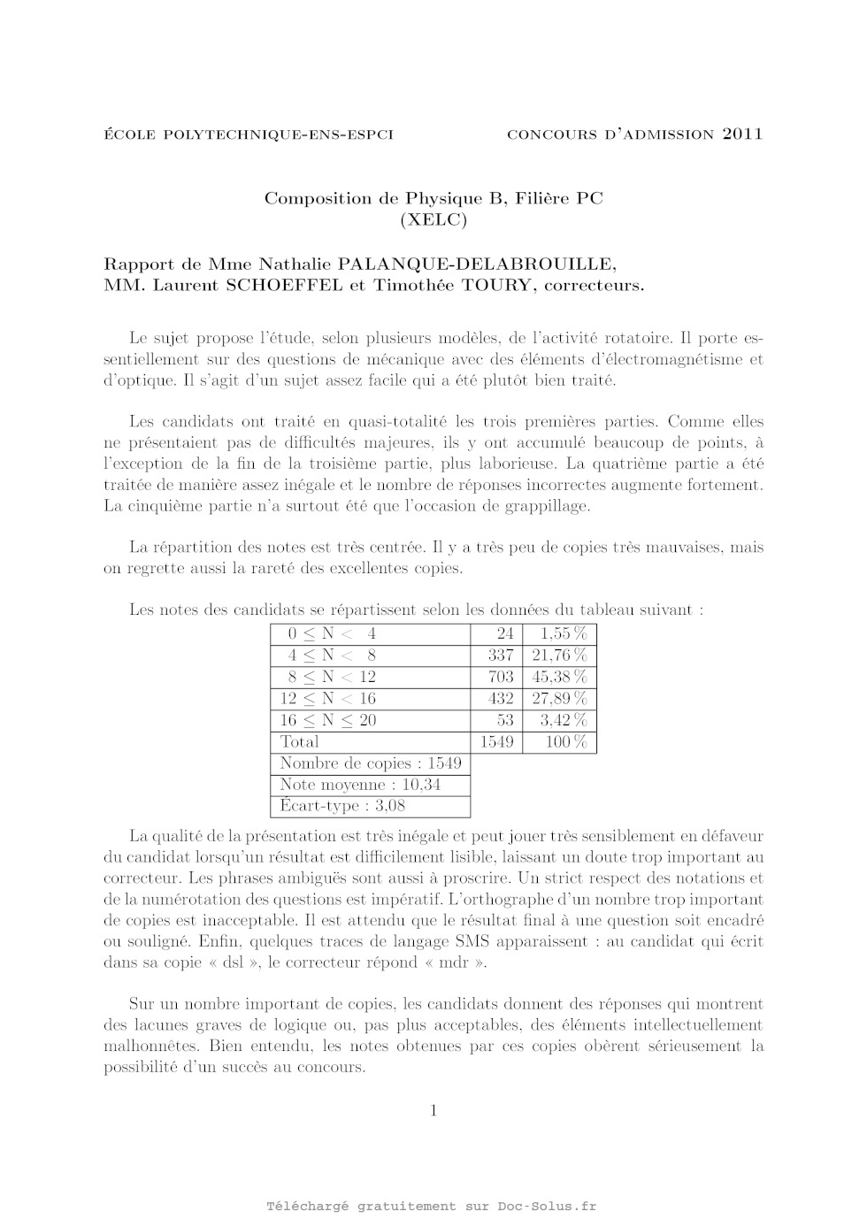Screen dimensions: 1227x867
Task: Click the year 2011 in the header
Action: [742, 134]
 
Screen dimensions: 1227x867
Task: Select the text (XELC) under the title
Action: [433, 220]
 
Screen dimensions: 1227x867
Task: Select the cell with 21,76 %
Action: [559, 656]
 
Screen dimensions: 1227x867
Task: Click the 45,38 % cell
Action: [559, 677]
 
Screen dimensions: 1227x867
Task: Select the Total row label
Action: [300, 742]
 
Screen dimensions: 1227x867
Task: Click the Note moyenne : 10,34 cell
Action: [360, 785]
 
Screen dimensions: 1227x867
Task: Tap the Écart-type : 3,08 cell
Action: [342, 806]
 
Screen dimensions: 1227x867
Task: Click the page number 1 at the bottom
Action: [433, 1111]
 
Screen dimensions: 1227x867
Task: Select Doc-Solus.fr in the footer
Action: [547, 1207]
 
